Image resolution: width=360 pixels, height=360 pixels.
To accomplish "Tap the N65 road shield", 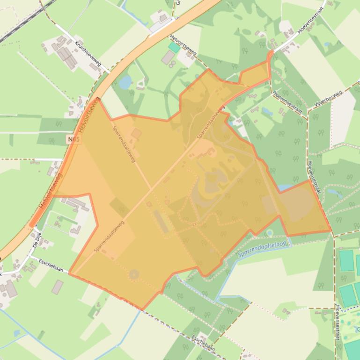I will tap(73, 139).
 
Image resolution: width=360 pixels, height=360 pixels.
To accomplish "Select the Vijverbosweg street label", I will tap(328, 99).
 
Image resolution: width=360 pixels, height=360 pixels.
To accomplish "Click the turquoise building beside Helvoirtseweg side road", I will tap(174, 47).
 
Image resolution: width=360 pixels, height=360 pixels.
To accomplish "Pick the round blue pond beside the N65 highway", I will tap(125, 82).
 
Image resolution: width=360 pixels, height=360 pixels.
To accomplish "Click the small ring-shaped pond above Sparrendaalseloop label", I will tap(270, 232).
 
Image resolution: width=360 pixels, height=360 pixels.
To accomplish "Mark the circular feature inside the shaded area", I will tap(134, 274).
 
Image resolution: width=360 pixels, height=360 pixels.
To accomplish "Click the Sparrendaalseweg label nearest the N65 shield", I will tap(124, 143).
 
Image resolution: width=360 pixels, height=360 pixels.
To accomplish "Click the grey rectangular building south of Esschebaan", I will tap(57, 287).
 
